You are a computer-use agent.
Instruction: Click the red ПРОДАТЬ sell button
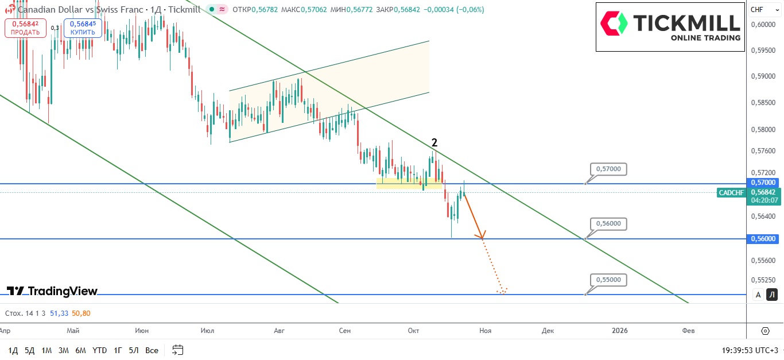point(25,28)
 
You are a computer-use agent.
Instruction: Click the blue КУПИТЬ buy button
point(83,28)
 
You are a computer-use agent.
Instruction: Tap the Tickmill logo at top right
point(670,26)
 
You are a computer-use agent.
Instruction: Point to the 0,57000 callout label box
point(608,169)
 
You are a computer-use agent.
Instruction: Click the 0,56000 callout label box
point(608,223)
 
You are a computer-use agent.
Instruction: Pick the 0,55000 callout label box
point(608,280)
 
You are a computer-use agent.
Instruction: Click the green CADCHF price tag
point(731,192)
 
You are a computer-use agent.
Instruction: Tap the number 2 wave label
point(434,143)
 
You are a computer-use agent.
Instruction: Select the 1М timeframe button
point(46,350)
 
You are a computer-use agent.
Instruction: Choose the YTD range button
point(99,350)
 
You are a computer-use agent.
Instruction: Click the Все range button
point(152,350)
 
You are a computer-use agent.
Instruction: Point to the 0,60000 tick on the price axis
point(763,25)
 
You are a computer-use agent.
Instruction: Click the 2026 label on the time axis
point(619,331)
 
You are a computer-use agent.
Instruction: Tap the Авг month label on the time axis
point(280,331)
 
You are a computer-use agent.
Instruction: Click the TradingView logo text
point(52,291)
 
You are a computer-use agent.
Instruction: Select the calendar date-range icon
point(177,350)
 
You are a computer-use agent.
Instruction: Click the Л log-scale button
point(772,295)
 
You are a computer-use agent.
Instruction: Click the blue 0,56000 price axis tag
point(763,239)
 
